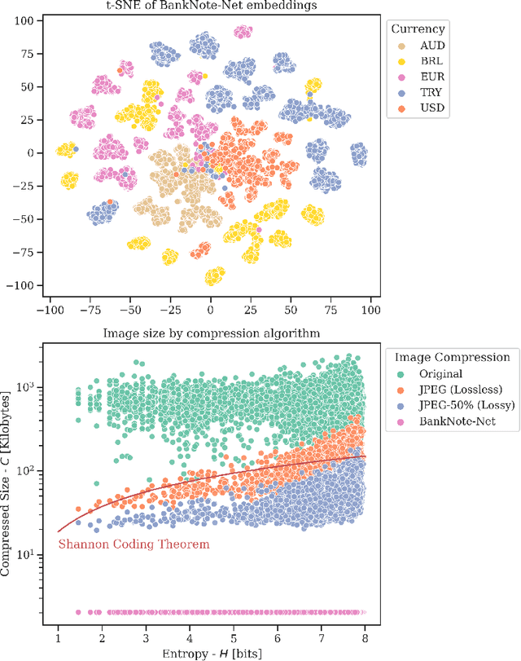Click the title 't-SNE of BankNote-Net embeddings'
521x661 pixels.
210,7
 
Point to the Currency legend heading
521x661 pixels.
418,29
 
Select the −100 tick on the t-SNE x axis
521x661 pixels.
50,311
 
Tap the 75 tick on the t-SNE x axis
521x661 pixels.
331,311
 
